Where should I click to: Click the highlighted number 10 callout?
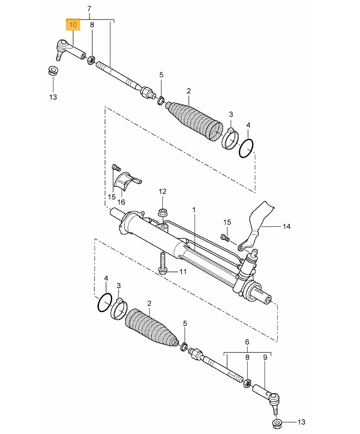point(73,25)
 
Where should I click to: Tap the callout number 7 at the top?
point(89,9)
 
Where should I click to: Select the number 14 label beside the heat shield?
point(286,226)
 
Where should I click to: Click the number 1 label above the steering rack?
point(194,210)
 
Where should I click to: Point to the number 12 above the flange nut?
point(162,191)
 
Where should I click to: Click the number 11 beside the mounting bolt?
point(183,272)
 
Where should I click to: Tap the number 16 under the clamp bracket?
point(121,202)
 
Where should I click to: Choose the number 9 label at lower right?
point(265,357)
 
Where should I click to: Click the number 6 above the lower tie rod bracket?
point(247,342)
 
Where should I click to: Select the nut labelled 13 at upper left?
point(52,70)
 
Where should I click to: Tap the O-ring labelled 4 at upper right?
point(246,149)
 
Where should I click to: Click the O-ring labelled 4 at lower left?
point(105,303)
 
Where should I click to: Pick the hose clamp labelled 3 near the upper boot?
point(230,138)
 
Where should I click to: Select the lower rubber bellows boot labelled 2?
point(151,327)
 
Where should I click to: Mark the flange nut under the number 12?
point(162,213)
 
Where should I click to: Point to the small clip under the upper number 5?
point(161,100)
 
